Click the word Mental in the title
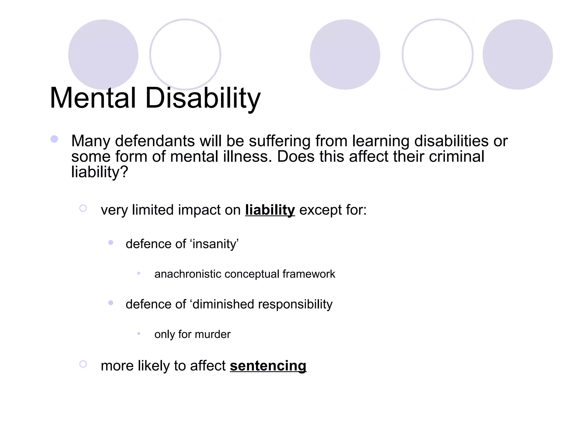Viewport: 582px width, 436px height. pyautogui.click(x=93, y=98)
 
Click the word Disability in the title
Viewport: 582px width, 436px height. pyautogui.click(x=203, y=98)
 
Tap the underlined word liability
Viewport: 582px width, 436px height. pyautogui.click(x=270, y=210)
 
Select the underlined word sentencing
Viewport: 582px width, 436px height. pyautogui.click(x=268, y=366)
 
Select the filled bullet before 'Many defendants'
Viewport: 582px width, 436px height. pyautogui.click(x=54, y=139)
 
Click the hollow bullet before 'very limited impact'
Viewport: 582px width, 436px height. pyautogui.click(x=83, y=208)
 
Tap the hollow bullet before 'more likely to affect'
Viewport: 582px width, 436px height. pyautogui.click(x=83, y=364)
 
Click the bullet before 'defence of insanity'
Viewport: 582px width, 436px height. pyautogui.click(x=111, y=242)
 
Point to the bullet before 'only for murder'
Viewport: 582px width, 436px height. pyautogui.click(x=139, y=334)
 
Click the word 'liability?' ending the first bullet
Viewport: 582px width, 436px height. pyautogui.click(x=99, y=172)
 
